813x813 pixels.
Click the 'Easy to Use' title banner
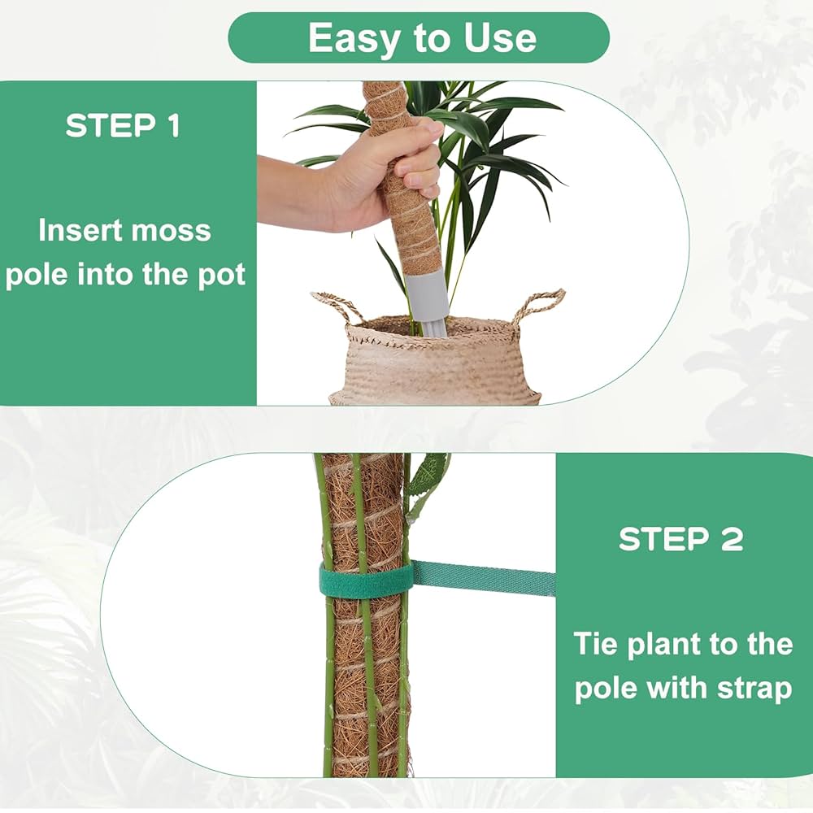point(419,38)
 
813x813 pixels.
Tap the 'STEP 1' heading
point(123,126)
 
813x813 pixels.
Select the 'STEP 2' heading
point(681,539)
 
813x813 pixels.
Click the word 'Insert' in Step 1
point(78,231)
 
